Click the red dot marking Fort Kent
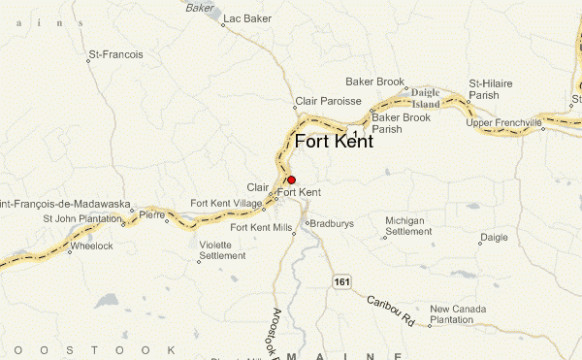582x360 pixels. tap(291, 180)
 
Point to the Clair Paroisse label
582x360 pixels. tap(328, 101)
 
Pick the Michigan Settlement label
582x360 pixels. tap(406, 226)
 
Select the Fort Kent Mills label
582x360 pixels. tap(259, 227)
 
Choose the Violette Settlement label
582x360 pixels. tap(222, 251)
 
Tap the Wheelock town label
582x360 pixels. tap(91, 245)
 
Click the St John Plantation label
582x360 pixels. tap(81, 218)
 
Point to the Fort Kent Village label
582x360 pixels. tap(226, 202)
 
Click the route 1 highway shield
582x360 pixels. tap(357, 130)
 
